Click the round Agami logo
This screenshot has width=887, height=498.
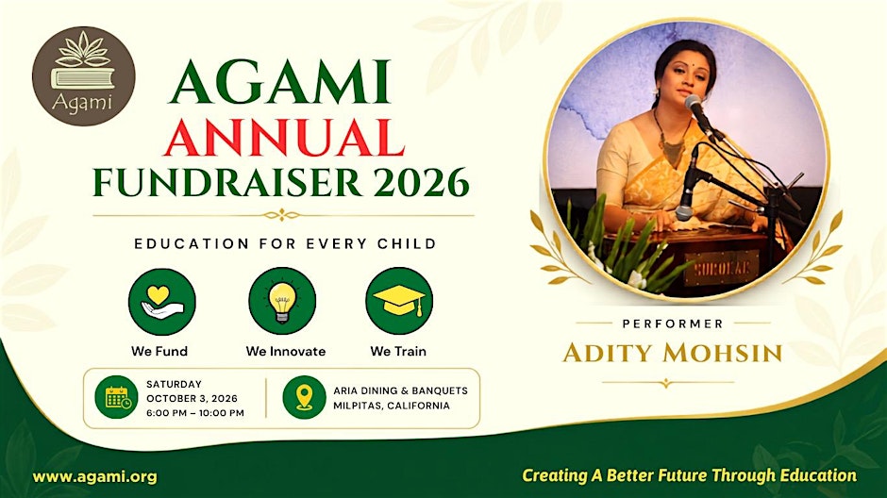[84, 75]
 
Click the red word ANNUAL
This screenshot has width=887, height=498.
[285, 137]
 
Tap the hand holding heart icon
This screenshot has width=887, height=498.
[162, 301]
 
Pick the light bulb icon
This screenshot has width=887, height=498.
[282, 301]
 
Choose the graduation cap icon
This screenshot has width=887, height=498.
[399, 301]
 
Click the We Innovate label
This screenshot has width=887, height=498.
[286, 351]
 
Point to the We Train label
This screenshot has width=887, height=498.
[398, 351]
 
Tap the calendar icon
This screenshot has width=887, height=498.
[116, 397]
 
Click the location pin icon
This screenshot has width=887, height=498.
[305, 397]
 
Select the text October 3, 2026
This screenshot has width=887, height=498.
[192, 399]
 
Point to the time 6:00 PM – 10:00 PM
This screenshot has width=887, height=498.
[195, 413]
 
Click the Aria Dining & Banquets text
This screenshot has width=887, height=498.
[400, 390]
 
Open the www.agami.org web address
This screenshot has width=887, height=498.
[95, 477]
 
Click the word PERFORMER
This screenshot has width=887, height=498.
[673, 324]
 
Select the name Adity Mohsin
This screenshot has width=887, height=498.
[673, 353]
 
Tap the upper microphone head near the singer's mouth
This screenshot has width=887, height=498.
[694, 104]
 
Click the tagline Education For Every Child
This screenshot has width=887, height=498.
[286, 243]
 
